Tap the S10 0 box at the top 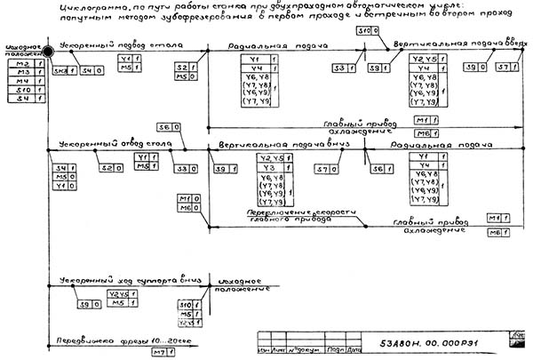point(367,31)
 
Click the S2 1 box point(183,68)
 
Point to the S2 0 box point(111,169)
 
